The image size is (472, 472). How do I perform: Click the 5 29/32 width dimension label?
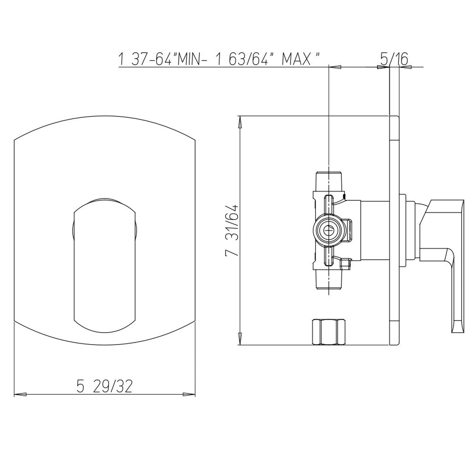coord(105,387)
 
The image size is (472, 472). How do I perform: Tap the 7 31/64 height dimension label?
coord(232,230)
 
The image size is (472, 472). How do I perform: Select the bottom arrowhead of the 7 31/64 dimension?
coord(240,339)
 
